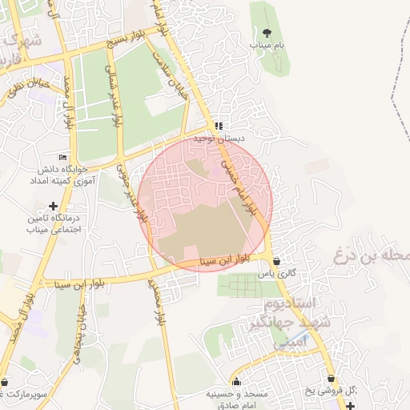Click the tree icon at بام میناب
tap(266, 33)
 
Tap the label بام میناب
tap(266, 46)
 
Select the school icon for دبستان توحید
tap(219, 126)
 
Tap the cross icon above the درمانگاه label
tap(54, 206)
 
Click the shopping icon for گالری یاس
tap(276, 260)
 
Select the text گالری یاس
tap(276, 273)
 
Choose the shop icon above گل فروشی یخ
tap(331, 379)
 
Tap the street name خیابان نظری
tap(23, 91)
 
